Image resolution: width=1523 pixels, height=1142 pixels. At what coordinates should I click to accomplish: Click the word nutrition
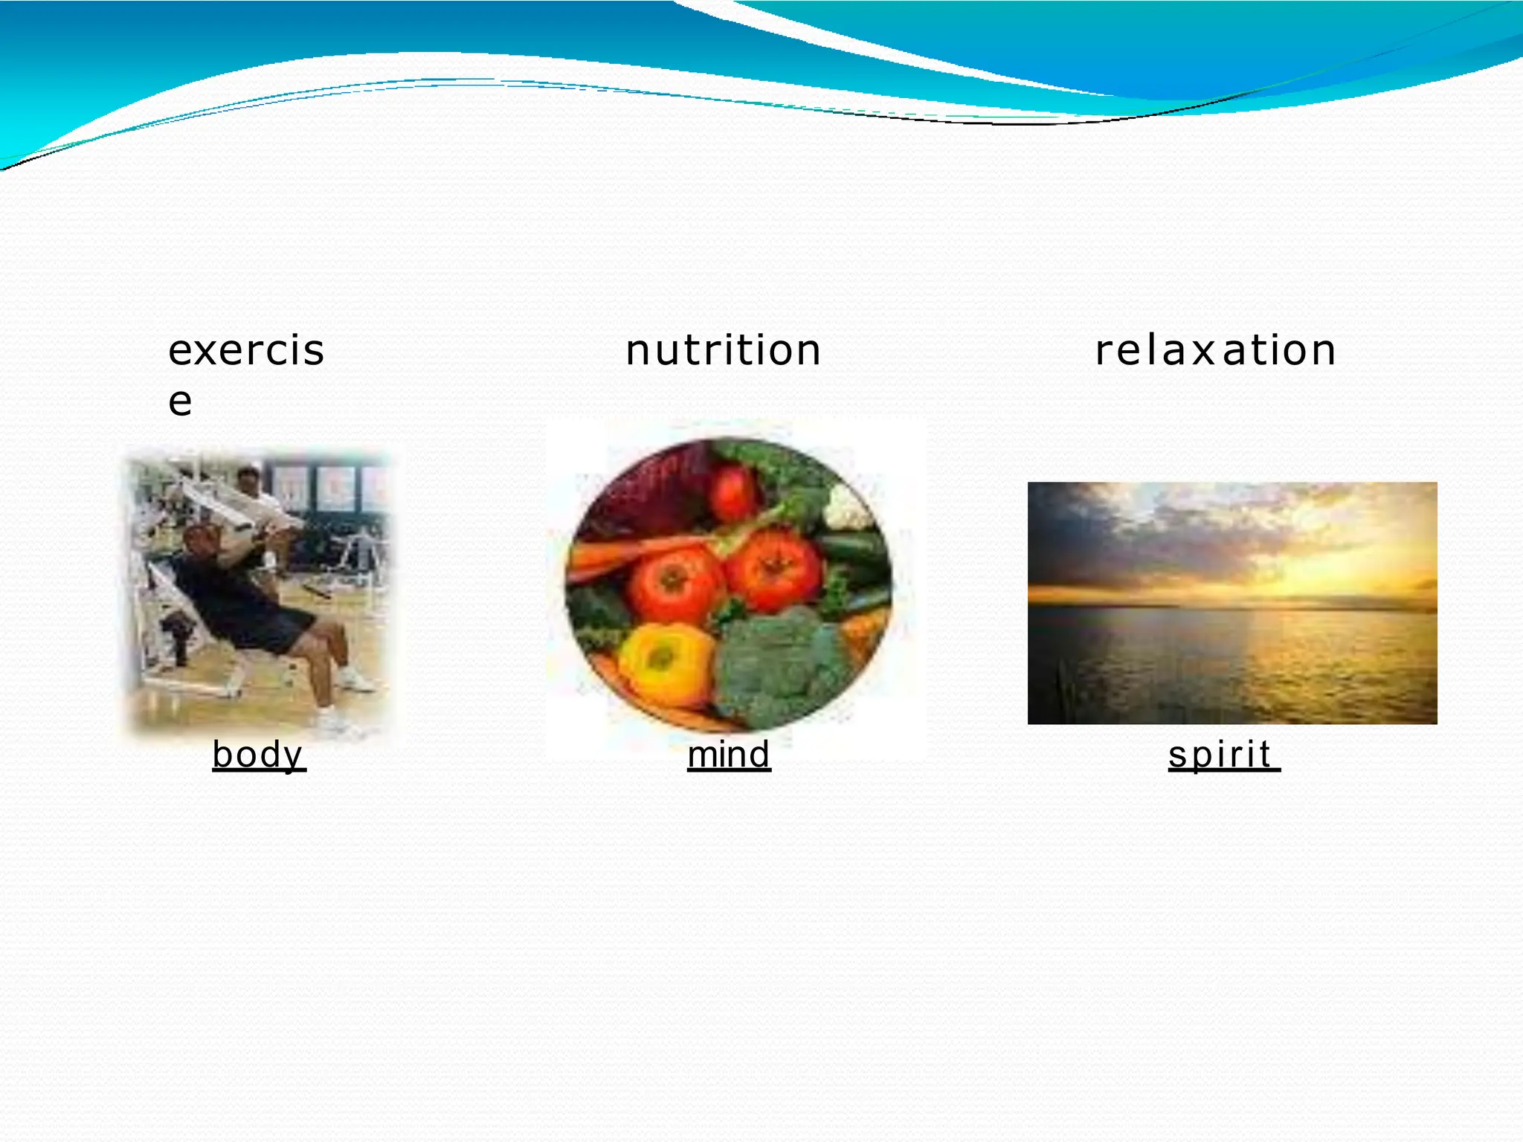tap(723, 350)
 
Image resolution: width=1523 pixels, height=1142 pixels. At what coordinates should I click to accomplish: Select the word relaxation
tap(1215, 350)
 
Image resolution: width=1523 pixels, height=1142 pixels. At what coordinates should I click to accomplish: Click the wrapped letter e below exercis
tap(180, 401)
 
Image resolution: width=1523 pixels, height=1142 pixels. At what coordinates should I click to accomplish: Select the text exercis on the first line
tap(246, 350)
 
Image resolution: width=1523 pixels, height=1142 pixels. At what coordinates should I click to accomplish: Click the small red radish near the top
tap(732, 491)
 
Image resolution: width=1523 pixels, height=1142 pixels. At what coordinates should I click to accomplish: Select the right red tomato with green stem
tap(773, 569)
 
